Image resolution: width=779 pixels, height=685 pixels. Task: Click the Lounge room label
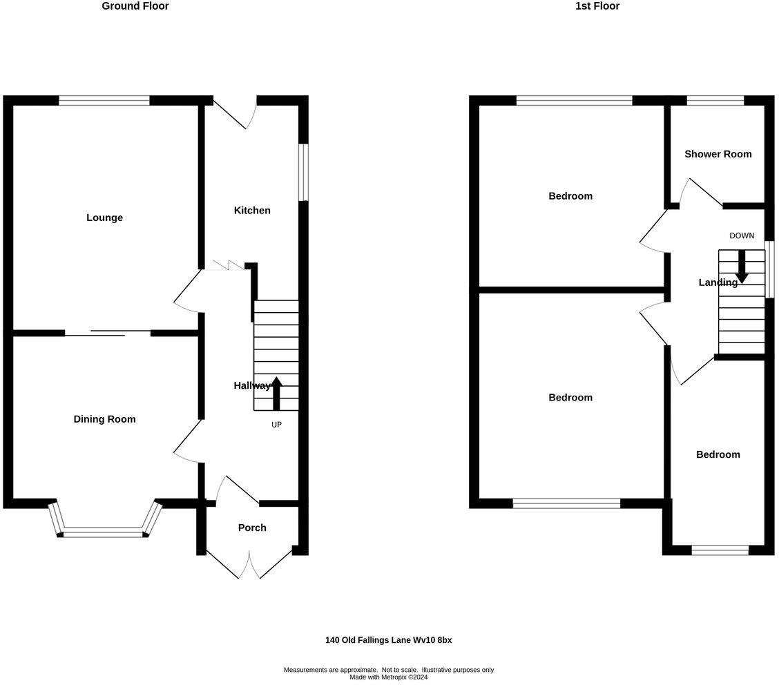coord(104,218)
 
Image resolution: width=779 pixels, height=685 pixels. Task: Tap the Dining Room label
coord(104,419)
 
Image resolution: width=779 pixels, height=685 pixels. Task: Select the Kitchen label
coord(252,211)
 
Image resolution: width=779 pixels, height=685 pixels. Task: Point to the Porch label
coord(252,528)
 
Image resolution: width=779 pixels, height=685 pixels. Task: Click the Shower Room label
coord(718,154)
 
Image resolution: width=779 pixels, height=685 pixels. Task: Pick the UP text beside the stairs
coord(276,425)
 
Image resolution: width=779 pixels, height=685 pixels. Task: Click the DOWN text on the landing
coord(742,235)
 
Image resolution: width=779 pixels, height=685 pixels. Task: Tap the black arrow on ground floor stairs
coord(276,393)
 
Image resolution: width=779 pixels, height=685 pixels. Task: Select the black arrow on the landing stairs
coord(742,267)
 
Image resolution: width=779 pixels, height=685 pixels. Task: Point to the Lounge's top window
coord(104,101)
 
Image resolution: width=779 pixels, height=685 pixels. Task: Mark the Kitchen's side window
coord(303,172)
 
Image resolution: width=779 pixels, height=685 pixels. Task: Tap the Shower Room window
coord(715,101)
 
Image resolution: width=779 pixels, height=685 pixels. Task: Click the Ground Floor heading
coord(135,6)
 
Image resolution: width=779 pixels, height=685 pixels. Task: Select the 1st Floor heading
coord(597,6)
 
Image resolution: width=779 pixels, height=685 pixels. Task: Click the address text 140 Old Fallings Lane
coord(388,640)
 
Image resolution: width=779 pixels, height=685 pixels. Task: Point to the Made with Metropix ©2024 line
coord(388,677)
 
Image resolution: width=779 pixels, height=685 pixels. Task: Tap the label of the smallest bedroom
coord(718,454)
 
